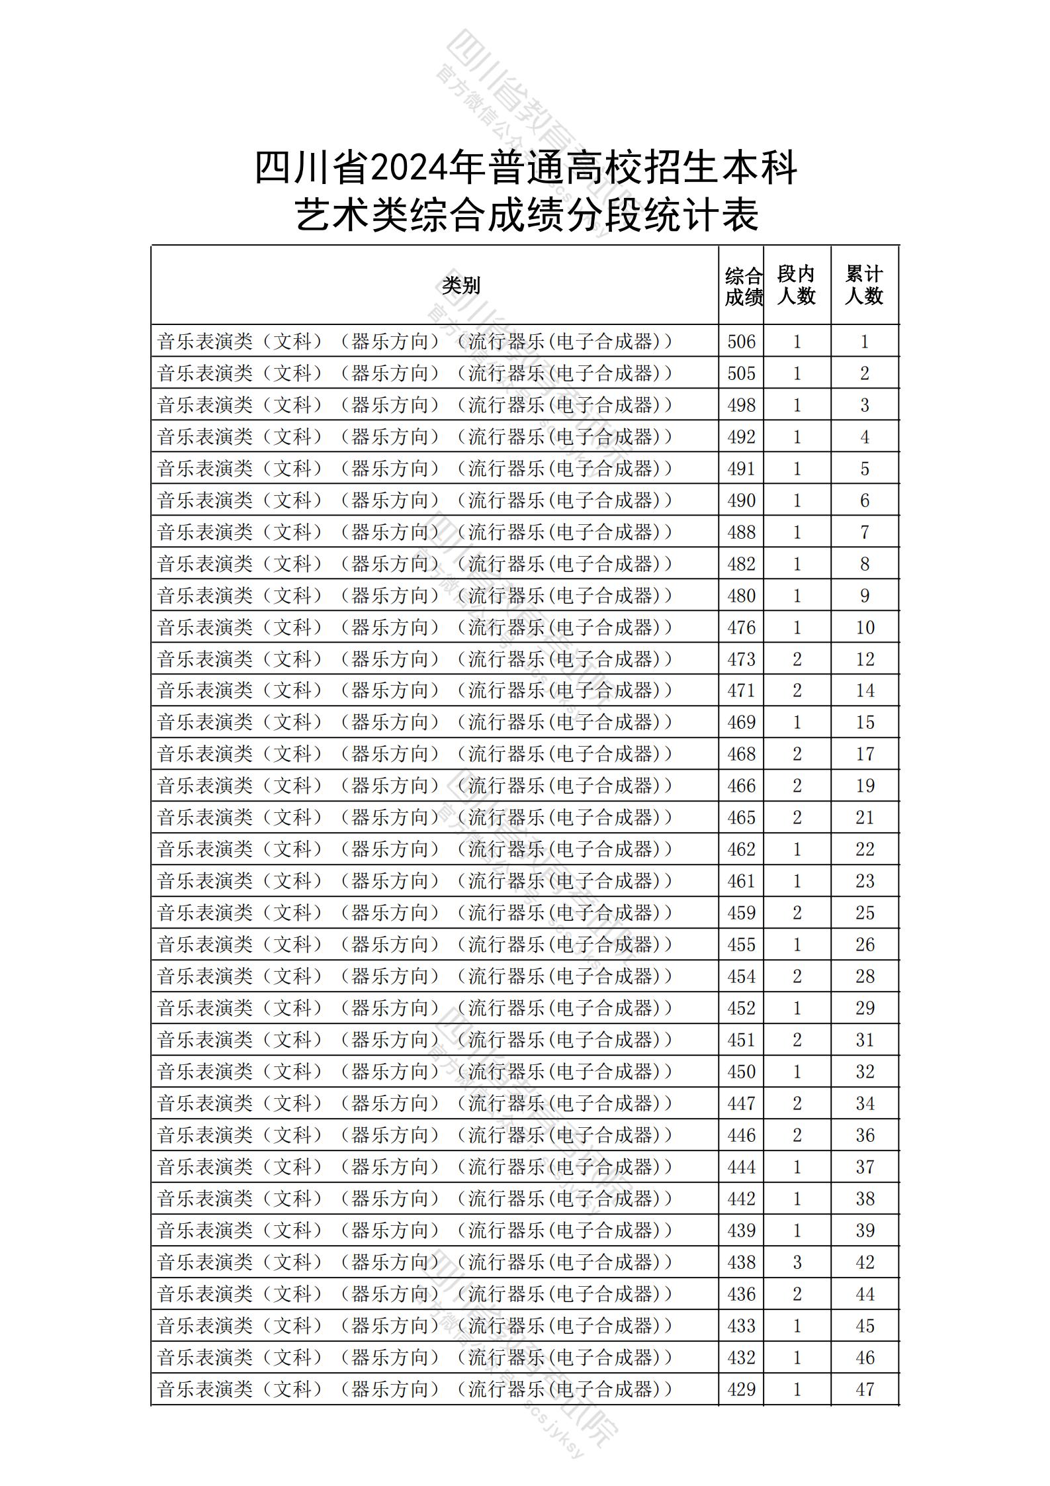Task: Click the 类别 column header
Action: click(461, 285)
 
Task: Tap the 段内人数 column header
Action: click(796, 285)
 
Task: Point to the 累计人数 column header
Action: click(864, 285)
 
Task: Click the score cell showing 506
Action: click(741, 342)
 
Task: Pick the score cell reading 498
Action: click(741, 405)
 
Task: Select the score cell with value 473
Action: click(741, 659)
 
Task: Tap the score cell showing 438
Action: click(741, 1262)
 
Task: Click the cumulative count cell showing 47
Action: click(865, 1389)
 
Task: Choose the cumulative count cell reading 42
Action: click(865, 1262)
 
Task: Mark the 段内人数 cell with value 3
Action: click(797, 1262)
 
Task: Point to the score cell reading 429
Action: click(741, 1389)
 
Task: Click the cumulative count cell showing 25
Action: click(865, 913)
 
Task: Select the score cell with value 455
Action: click(741, 945)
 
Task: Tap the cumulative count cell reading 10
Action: click(865, 627)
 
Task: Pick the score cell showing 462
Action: click(741, 849)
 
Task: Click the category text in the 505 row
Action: click(415, 373)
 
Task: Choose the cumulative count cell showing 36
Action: click(865, 1135)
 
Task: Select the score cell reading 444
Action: click(741, 1167)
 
